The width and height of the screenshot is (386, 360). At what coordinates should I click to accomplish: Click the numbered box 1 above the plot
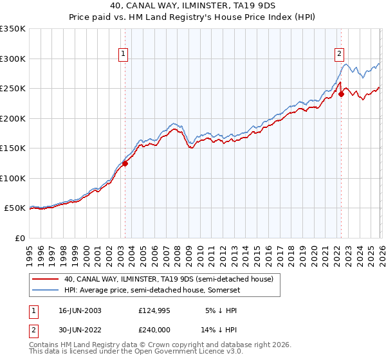(x=123, y=55)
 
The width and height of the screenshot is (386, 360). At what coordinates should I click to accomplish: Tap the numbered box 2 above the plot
(x=339, y=55)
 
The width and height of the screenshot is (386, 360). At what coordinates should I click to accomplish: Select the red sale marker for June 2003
(x=125, y=163)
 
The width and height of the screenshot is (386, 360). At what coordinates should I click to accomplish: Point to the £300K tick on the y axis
(x=14, y=59)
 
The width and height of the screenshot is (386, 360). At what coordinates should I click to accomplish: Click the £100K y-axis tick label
(x=14, y=178)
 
